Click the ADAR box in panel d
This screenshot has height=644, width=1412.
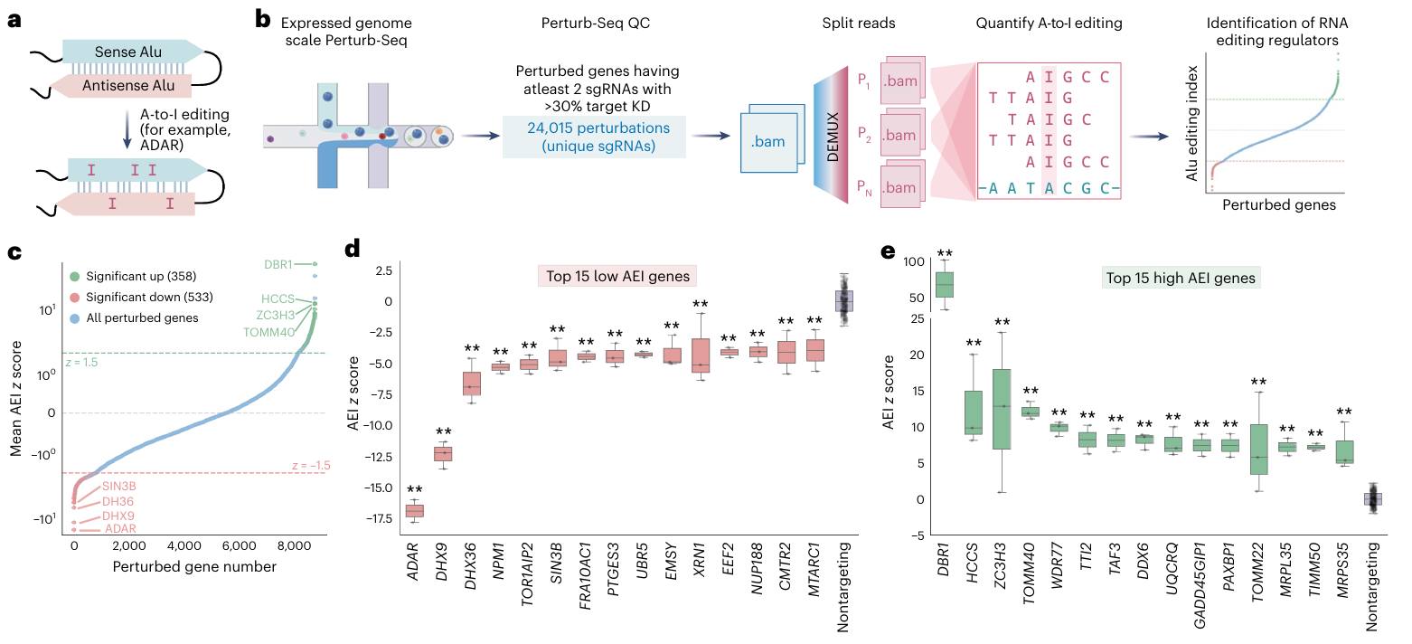[414, 511]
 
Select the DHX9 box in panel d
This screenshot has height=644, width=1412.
[443, 454]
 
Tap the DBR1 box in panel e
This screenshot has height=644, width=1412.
[945, 285]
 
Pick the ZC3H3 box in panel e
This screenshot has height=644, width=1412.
[1002, 409]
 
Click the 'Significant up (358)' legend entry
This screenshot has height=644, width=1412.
[132, 276]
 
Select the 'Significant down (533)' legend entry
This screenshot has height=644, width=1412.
[141, 297]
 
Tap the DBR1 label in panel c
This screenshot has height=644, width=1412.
[278, 264]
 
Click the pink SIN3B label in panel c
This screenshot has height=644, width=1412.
[119, 487]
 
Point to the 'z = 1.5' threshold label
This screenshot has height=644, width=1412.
[81, 362]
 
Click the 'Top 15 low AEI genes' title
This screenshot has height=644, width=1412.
[617, 276]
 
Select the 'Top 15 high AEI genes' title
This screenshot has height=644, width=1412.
[1181, 279]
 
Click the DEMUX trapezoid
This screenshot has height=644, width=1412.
[832, 135]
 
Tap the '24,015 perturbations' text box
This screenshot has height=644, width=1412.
[594, 137]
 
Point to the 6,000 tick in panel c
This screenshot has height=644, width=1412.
[239, 545]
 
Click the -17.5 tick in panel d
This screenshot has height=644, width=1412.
[379, 518]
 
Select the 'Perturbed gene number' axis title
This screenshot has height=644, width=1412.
[194, 567]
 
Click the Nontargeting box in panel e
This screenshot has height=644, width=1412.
[1372, 499]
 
